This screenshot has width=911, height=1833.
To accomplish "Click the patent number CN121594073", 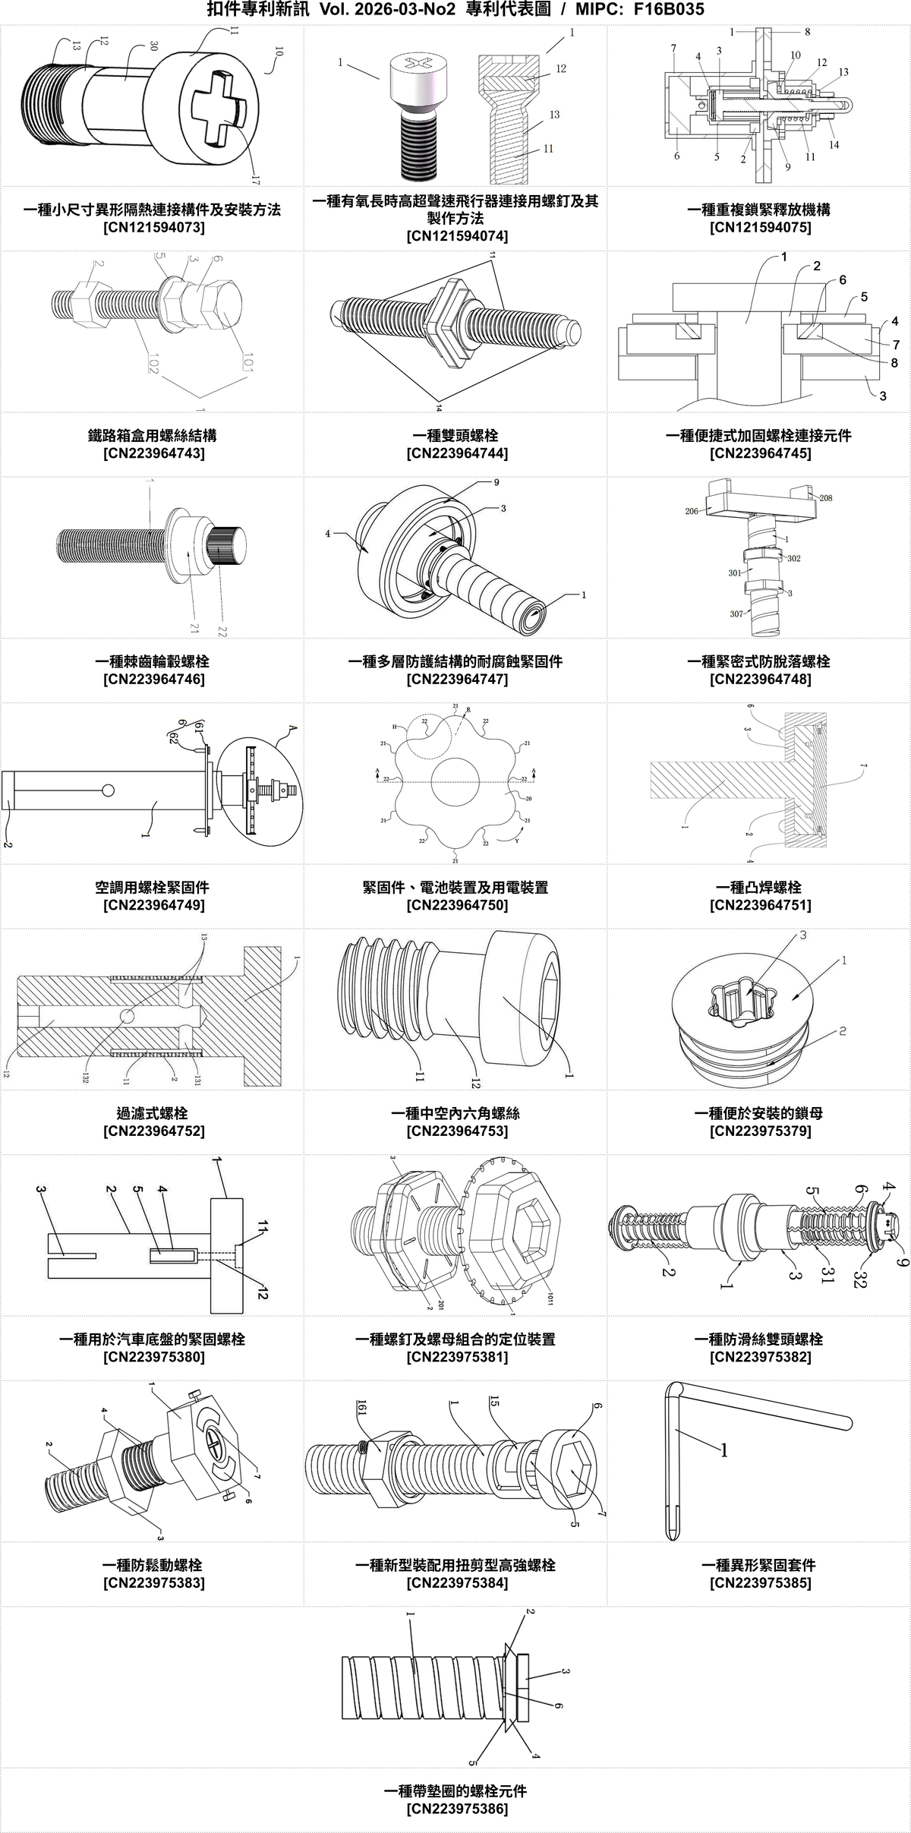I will click(x=153, y=227).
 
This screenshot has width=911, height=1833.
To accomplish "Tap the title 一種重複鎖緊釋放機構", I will click(x=760, y=210).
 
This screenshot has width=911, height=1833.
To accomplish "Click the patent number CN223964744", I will click(x=457, y=453).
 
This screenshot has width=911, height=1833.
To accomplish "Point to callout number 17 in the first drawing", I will click(x=255, y=180).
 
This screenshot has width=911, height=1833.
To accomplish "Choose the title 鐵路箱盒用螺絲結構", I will click(x=153, y=435).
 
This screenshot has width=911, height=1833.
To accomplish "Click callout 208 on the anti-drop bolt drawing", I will click(x=825, y=498).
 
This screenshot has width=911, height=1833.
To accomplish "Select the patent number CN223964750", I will click(x=457, y=905).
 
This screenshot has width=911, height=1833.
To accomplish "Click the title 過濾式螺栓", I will click(x=153, y=1113).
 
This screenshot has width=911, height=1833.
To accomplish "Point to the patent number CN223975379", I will click(x=760, y=1131).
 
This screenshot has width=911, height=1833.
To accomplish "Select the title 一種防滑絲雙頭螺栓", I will click(x=760, y=1339).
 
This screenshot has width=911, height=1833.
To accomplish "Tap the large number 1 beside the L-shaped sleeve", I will click(x=723, y=1451).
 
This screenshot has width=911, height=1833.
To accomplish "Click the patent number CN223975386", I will click(x=457, y=1809).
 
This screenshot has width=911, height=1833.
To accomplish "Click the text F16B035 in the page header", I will click(x=668, y=10).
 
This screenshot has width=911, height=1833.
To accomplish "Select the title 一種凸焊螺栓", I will click(x=760, y=887).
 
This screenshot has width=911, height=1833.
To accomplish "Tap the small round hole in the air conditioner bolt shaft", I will click(x=108, y=790).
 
